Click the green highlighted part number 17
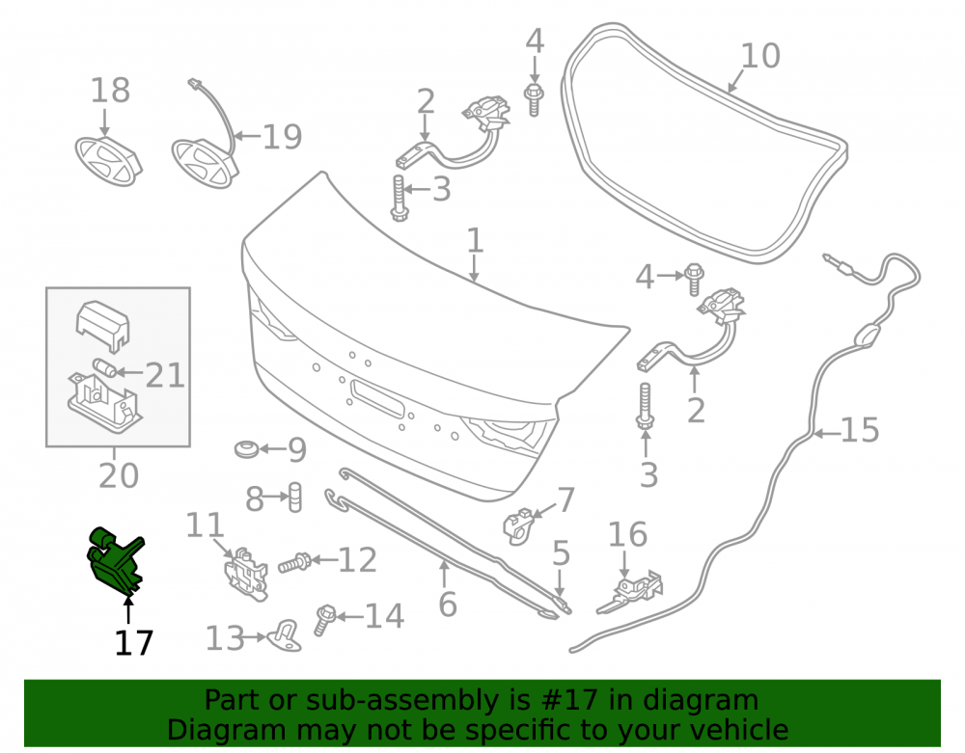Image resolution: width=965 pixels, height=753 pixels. click(x=115, y=560)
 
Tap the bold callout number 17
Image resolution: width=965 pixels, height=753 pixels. click(x=133, y=644)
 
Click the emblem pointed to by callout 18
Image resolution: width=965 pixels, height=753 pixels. click(x=108, y=161)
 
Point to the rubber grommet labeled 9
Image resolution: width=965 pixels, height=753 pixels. click(x=247, y=448)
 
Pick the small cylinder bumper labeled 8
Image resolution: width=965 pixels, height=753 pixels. click(x=295, y=497)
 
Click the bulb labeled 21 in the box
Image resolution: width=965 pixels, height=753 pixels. click(x=106, y=368)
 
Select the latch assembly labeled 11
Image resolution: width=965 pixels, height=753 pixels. click(x=246, y=573)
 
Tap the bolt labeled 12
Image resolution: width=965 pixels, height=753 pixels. click(x=294, y=562)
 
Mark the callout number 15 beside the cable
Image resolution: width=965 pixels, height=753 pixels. click(x=860, y=430)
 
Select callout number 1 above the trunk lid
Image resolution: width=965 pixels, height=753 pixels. click(x=475, y=240)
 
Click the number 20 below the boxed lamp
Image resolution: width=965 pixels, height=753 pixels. click(x=119, y=475)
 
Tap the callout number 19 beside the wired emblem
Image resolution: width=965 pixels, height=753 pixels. click(x=283, y=137)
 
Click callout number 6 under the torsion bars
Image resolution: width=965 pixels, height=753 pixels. click(x=448, y=605)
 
